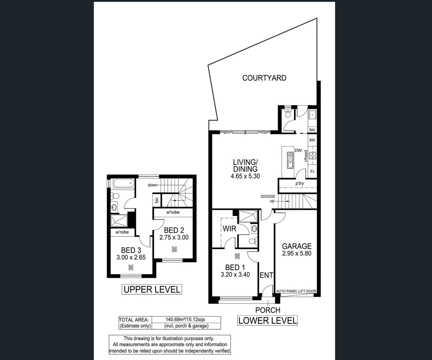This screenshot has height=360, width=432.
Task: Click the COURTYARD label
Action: point(264,78)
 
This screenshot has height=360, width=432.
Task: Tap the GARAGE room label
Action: point(297,246)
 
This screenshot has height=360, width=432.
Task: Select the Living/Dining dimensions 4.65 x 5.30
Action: point(245,176)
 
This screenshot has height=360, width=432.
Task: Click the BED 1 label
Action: point(235,267)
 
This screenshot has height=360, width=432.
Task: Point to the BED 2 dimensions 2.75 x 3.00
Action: point(174,238)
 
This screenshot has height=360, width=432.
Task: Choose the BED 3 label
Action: point(131,250)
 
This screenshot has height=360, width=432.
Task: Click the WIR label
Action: point(230,228)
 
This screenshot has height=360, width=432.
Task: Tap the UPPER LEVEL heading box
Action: point(152,290)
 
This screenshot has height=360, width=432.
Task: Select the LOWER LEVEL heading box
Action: point(267,320)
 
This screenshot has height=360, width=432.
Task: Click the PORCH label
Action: point(268,310)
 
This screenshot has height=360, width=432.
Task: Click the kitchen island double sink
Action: point(290,160)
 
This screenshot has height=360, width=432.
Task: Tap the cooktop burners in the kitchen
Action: point(312,156)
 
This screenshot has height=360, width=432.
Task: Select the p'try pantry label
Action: point(300,183)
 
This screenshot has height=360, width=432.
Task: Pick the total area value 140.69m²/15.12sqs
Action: point(185,320)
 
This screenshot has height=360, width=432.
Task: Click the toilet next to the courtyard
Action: point(288,113)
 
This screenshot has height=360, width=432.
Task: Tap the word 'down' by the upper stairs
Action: point(153,185)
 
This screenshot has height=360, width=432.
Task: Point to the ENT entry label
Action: point(266,275)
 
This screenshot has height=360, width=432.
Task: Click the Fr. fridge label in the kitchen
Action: point(312,172)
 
